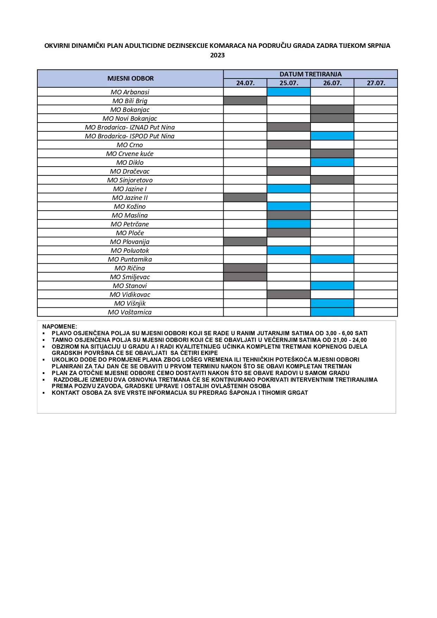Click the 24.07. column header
(x=245, y=83)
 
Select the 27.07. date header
(x=376, y=83)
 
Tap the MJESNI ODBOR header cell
(x=130, y=79)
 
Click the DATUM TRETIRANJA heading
(x=310, y=74)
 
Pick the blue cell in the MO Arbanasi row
(x=289, y=92)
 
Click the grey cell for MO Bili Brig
(x=245, y=101)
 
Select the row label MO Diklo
(x=130, y=163)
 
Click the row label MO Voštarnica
(x=130, y=312)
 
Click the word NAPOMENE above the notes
(x=59, y=326)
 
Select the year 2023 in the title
(x=217, y=55)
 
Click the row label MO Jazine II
(x=130, y=198)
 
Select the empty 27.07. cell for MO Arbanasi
(x=376, y=92)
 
